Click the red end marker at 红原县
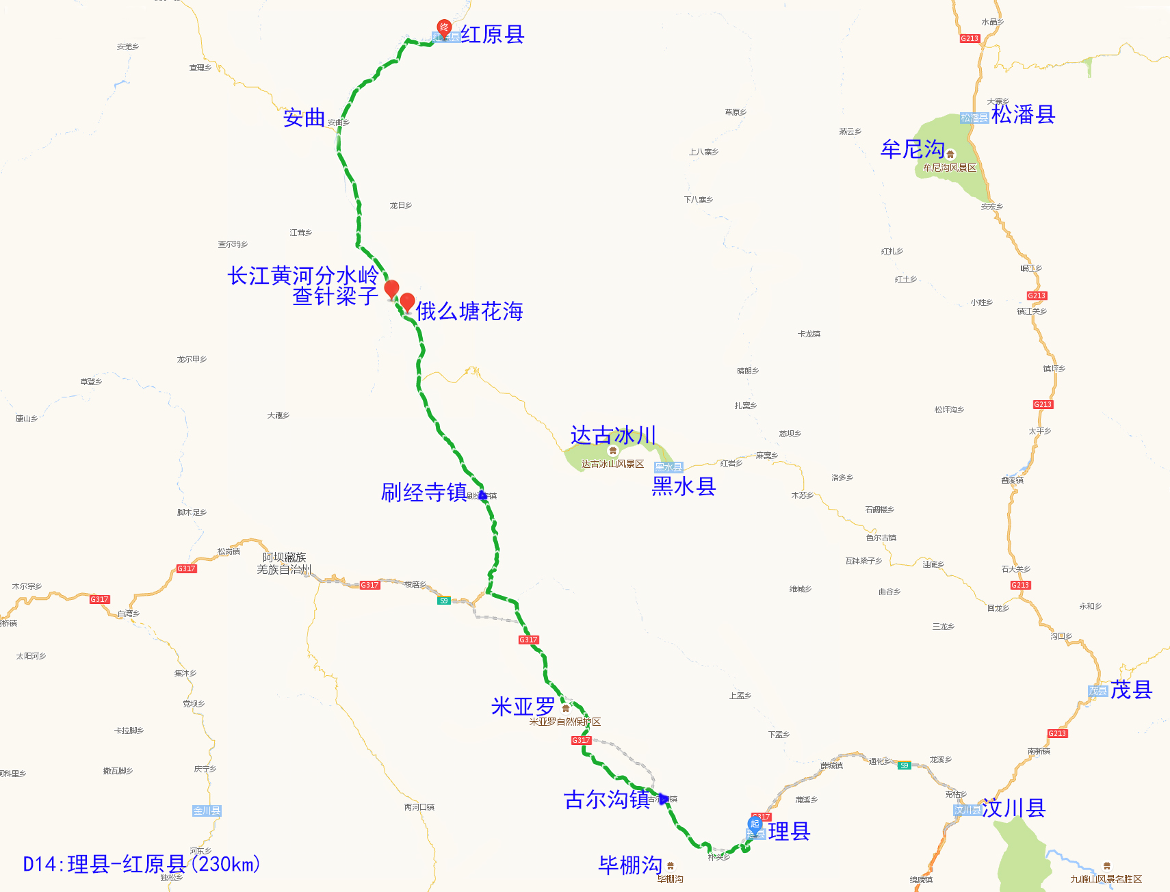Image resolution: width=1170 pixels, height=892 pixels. tap(444, 28)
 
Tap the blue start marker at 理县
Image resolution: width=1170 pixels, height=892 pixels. tap(755, 824)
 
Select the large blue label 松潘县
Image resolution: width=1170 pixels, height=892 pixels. tap(1023, 114)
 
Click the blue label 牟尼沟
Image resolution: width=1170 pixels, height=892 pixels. tap(912, 149)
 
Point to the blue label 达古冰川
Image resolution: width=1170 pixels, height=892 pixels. tap(613, 435)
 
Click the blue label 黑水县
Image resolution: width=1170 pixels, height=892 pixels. tap(684, 486)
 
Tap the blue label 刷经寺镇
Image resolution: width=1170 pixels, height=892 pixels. tap(424, 493)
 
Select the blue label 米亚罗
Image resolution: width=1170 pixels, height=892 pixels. tap(523, 707)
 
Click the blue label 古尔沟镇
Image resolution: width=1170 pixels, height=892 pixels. tap(606, 800)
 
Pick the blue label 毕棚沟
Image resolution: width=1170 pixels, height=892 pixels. tap(630, 865)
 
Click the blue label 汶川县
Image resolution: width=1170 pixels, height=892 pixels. tap(1013, 808)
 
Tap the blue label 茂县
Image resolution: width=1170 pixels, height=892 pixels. tap(1131, 690)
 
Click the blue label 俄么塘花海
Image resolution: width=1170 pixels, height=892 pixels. tap(469, 311)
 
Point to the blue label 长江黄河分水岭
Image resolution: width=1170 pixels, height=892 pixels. tap(302, 276)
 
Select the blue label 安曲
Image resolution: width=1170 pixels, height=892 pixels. tap(304, 118)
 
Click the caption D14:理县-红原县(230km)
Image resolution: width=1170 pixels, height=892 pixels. tap(142, 864)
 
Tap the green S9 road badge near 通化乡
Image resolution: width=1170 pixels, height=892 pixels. tap(904, 765)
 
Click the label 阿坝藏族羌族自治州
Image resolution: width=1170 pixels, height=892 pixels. tap(284, 563)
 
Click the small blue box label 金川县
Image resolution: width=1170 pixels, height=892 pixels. tap(207, 811)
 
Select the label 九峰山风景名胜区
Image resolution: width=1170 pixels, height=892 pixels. tap(1106, 879)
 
